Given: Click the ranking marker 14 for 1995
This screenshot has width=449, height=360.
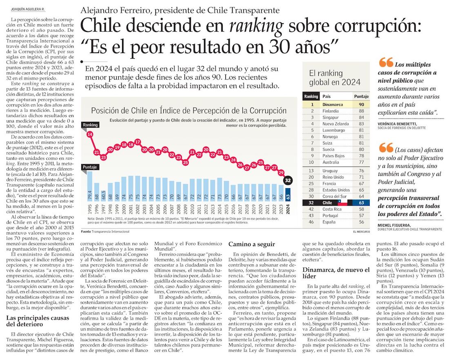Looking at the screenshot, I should [89, 134].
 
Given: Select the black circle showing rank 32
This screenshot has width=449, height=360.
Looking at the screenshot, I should [288, 180].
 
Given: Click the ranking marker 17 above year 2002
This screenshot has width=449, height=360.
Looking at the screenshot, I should [138, 142].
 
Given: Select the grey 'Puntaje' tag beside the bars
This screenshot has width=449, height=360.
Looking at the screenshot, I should [90, 167].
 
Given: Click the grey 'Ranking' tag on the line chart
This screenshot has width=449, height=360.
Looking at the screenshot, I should [90, 125].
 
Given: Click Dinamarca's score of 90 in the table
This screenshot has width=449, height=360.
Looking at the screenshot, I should [361, 104].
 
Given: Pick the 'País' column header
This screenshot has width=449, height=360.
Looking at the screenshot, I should [327, 97].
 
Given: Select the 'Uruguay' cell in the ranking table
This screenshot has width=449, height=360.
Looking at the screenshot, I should [331, 171].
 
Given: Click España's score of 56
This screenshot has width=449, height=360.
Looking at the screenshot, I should [361, 222].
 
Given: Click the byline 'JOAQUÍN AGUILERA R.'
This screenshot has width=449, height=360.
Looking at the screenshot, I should [27, 9].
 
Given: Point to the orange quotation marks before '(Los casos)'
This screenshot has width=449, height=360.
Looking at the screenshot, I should [385, 148].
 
